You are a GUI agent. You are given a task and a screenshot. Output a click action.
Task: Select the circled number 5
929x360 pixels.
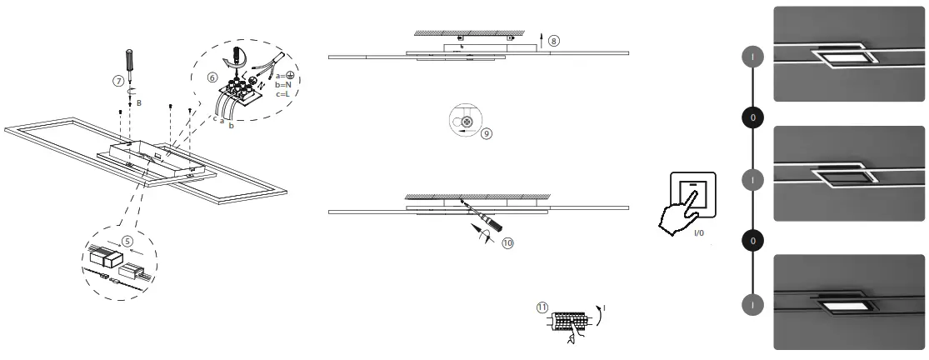127,238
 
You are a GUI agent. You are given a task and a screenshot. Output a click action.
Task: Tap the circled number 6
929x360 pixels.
212,77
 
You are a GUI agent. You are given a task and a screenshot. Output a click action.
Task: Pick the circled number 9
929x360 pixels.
487,132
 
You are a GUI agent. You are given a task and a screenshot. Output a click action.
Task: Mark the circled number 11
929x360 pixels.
542,307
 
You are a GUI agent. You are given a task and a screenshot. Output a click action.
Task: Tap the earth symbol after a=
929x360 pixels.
292,75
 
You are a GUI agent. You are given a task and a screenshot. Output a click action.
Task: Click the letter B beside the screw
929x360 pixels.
139,102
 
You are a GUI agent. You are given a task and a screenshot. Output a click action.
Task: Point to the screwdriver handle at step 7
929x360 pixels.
129,60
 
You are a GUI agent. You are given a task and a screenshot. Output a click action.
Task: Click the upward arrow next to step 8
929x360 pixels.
541,40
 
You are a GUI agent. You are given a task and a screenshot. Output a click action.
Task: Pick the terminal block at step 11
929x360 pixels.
572,319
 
